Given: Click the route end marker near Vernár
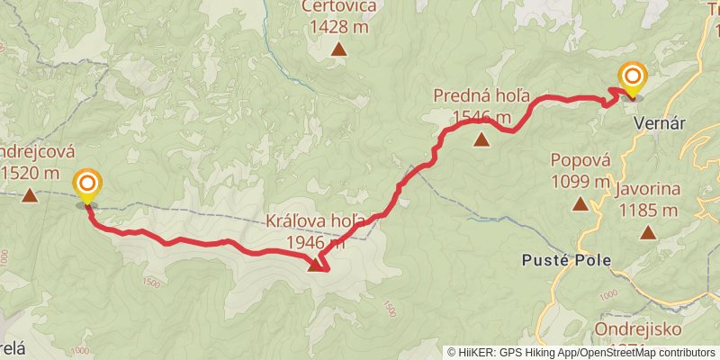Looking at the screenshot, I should pos(633,79).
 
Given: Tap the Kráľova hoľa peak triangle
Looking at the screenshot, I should pos(315,265).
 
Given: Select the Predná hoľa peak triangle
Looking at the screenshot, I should pos(482,139).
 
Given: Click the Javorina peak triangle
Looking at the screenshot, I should pos(648,232).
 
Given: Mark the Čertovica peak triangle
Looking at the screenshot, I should pos(338,49).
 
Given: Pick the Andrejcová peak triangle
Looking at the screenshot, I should pos(30,194).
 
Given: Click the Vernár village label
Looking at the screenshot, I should pos(661,121).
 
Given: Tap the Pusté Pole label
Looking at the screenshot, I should pos(566,261).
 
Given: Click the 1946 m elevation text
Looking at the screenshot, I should pos(316,242).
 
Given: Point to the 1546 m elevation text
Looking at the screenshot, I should pos(482,117).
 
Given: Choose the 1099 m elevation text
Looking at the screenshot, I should pos(580,181).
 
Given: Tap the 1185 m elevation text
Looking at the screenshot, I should pos(648,211).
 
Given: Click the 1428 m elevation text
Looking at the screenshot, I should pos(338,27).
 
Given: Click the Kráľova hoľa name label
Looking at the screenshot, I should pos(315,221).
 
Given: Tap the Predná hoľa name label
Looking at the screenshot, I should pos(481,96).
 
